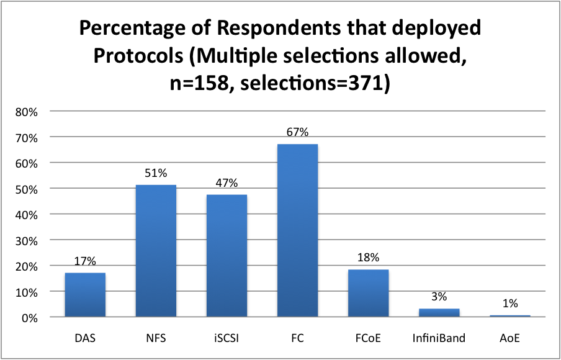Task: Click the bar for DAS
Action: pos(85,295)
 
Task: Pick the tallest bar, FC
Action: pos(297,230)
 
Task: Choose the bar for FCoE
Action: pos(368,293)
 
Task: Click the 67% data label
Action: pos(297,132)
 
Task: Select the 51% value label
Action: pos(156,173)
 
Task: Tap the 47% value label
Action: pos(227,183)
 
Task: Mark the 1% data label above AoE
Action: pos(509,304)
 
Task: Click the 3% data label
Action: pos(439,297)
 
